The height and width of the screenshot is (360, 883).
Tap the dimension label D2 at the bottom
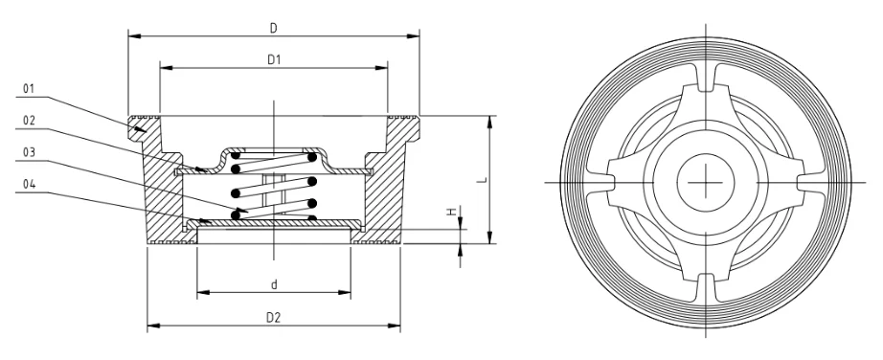(x=274, y=317)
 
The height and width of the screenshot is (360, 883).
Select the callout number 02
(x=30, y=122)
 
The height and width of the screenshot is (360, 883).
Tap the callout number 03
(x=30, y=154)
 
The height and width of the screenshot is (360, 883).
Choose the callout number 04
(x=30, y=188)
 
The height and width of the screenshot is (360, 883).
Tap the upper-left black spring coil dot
(x=236, y=164)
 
